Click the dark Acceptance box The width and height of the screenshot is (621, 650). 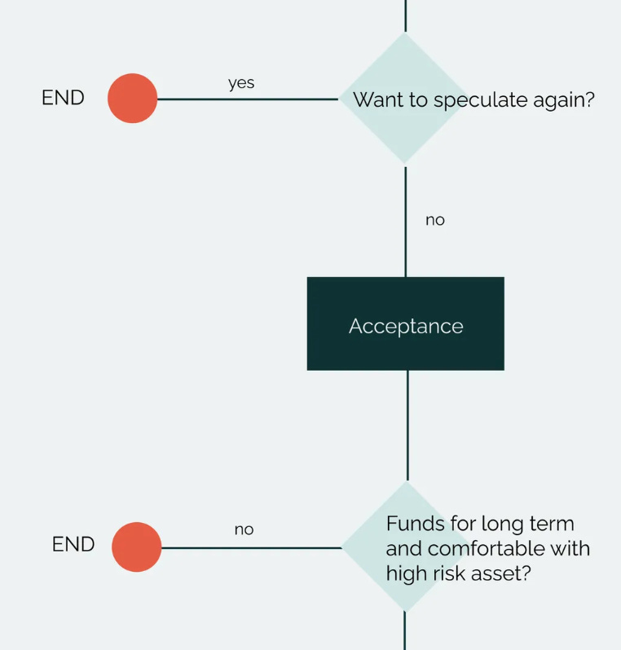(x=405, y=323)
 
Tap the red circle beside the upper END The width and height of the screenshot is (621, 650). (x=132, y=99)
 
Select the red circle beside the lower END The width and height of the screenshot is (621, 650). (x=136, y=547)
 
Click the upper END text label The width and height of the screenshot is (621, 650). (x=63, y=98)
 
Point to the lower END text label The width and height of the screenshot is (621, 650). (x=73, y=544)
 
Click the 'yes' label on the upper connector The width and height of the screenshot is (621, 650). (x=241, y=83)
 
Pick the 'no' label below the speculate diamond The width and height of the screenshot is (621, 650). (x=435, y=220)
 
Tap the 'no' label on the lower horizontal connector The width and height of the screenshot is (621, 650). (x=244, y=529)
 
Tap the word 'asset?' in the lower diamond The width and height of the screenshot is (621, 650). (x=505, y=573)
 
